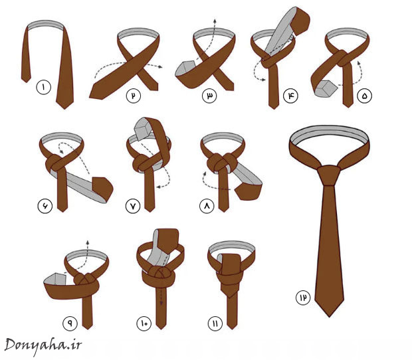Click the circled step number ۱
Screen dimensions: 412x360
44,88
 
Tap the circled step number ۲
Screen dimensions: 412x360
134,96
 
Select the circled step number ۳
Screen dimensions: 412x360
209,96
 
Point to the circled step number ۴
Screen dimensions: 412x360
290,96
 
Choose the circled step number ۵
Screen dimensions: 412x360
364,96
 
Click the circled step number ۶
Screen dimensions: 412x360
45,206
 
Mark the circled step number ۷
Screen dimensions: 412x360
133,206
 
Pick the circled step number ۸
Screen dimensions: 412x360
207,206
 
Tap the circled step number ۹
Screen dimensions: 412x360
70,323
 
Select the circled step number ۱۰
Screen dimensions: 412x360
144,323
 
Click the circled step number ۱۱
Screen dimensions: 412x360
215,323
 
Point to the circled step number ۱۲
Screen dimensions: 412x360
303,298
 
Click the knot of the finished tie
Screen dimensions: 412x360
329,175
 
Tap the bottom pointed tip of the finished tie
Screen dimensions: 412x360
329,317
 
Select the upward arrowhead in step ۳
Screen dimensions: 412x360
215,21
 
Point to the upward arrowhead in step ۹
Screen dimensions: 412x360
88,242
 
